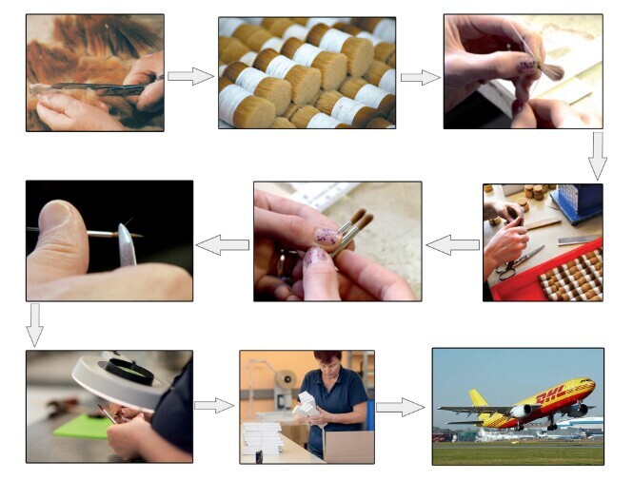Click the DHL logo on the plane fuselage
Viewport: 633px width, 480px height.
550,395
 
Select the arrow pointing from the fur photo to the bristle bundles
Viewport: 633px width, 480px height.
190,76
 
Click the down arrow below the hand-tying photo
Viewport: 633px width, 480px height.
597,156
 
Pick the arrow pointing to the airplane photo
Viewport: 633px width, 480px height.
400,407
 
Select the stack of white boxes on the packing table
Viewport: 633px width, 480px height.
262,437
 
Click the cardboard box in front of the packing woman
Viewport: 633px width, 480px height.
348,447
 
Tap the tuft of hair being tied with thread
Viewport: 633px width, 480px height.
550,70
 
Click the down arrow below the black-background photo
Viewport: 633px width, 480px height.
34,325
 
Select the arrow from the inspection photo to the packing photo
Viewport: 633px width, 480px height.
214,406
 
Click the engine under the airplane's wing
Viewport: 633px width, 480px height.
522,411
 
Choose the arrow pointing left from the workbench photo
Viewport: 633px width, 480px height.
452,244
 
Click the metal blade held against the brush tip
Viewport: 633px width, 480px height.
127,245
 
